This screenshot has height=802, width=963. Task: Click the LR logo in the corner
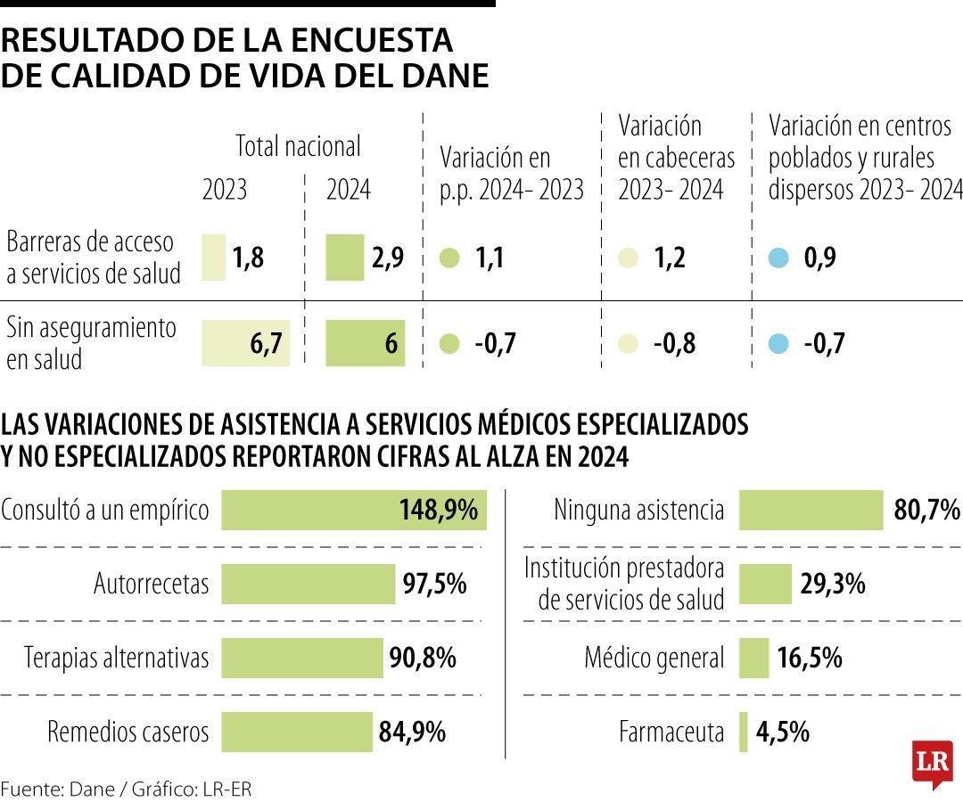(932, 763)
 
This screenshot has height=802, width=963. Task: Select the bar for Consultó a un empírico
(353, 511)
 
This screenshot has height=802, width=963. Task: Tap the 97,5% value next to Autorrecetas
(435, 585)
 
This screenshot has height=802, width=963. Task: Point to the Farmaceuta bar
(744, 732)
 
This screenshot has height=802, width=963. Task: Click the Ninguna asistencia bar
(811, 511)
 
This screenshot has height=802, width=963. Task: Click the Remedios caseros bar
(297, 732)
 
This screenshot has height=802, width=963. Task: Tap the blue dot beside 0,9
(779, 258)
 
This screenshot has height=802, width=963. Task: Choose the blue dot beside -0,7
(779, 343)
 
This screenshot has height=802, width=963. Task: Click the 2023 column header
(225, 190)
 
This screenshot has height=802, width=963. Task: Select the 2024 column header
(349, 190)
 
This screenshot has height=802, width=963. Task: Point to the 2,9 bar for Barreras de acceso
(345, 258)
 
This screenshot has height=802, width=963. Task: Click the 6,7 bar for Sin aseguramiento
(246, 344)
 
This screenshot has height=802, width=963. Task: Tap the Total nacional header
(298, 146)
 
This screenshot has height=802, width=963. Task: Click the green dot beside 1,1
(450, 258)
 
